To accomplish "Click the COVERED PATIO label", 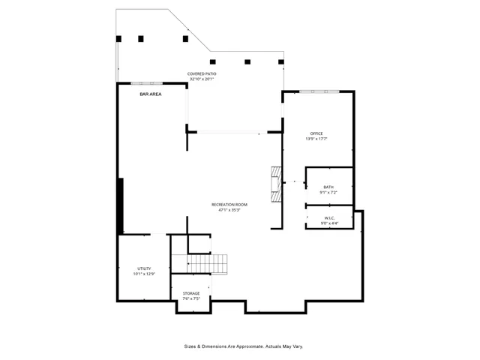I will point(202,73).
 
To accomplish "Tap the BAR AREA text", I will point(151,94).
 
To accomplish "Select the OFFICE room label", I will point(316,133).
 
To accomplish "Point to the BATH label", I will point(328,187).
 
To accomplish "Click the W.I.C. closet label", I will point(328,217).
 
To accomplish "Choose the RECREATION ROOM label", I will point(229,205).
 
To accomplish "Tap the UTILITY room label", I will point(144,268).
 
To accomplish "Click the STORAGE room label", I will point(191,293).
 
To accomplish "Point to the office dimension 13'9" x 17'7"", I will point(316,139).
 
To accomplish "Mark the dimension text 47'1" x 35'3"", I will point(229,210).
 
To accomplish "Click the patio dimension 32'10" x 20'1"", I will point(202,79).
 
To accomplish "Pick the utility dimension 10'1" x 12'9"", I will point(144,274).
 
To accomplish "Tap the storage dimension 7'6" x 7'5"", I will point(191,298).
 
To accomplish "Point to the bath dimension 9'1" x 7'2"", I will point(328,192).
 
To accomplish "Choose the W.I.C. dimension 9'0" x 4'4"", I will point(328,223).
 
